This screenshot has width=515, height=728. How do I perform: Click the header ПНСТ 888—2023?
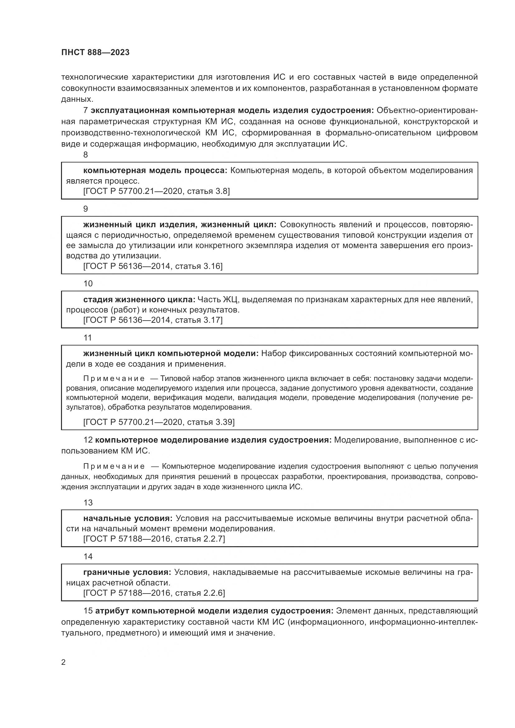click(96, 53)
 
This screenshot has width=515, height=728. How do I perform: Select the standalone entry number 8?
click(86, 155)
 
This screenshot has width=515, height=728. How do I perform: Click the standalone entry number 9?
click(86, 209)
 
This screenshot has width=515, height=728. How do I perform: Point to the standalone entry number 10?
click(88, 284)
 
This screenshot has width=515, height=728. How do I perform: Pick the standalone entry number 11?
click(87, 338)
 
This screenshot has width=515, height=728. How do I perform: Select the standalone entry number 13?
click(88, 503)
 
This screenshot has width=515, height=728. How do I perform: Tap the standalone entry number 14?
click(88, 557)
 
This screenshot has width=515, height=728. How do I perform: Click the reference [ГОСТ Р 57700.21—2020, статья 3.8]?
click(156, 191)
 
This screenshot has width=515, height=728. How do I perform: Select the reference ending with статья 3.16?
click(153, 266)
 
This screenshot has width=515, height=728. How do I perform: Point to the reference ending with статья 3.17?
click(153, 320)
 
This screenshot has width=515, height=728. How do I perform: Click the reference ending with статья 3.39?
click(159, 422)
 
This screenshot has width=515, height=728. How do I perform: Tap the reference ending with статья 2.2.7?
click(154, 539)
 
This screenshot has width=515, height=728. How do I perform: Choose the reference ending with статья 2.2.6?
click(154, 593)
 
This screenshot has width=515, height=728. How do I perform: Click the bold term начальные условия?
click(128, 519)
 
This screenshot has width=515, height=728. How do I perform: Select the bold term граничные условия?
click(127, 572)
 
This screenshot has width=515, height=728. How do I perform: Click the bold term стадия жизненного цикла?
click(139, 300)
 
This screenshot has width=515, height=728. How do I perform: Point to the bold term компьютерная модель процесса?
click(155, 171)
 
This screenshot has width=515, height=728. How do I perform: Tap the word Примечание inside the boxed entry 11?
click(114, 378)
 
